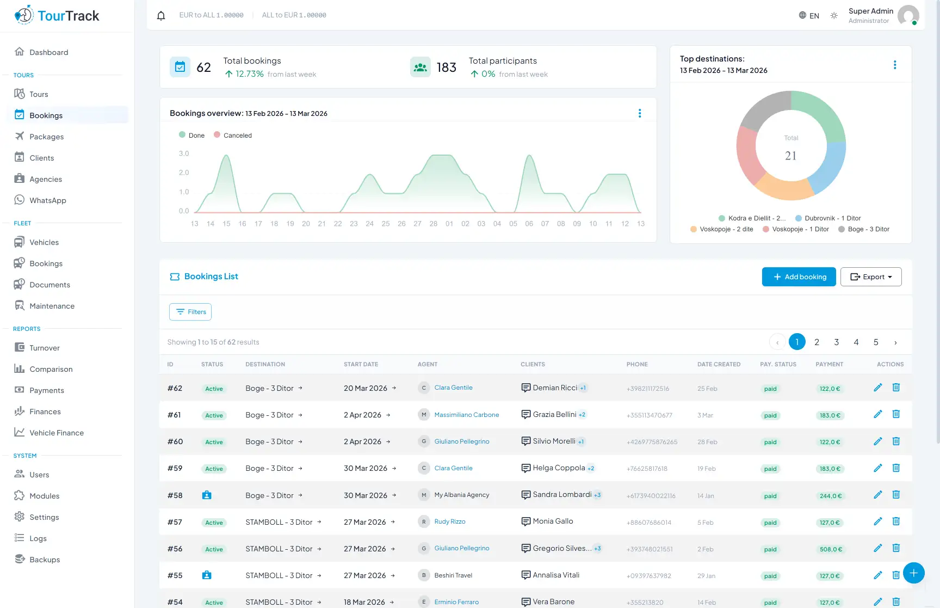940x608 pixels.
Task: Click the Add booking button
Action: [x=799, y=277]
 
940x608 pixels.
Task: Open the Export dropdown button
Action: [x=870, y=277]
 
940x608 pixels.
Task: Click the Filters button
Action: [x=190, y=312]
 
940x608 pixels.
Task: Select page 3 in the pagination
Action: [x=836, y=342]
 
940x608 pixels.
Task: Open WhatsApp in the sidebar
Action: [x=47, y=200]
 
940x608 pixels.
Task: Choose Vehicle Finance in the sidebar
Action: [x=56, y=433]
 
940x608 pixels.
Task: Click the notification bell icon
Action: [x=161, y=15]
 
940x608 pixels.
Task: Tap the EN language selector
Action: [x=809, y=15]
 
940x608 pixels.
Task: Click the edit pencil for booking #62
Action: [x=877, y=388]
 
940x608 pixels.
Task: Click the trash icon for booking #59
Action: [x=896, y=468]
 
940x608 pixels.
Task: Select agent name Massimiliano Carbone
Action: [x=466, y=415]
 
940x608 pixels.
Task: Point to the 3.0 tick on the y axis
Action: [x=184, y=153]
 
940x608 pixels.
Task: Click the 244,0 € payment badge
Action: [x=830, y=496]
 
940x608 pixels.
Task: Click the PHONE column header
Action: [x=637, y=364]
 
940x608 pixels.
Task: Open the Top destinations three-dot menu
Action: [x=894, y=65]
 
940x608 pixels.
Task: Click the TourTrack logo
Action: [x=57, y=15]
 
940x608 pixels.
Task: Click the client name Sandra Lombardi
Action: [x=562, y=495]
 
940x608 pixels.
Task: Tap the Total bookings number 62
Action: [x=203, y=67]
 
